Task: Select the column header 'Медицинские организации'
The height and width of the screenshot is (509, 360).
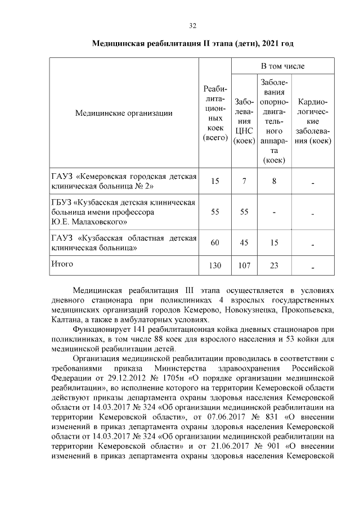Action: tap(124, 113)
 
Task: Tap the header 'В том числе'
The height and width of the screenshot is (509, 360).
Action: tap(282, 66)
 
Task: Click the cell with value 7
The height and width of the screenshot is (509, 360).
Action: tap(244, 181)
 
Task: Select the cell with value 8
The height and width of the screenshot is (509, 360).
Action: tap(274, 181)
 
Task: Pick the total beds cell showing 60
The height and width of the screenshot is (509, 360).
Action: tap(214, 242)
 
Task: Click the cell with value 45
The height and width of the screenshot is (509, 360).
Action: tap(244, 242)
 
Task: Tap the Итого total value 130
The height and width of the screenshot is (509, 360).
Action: tap(214, 265)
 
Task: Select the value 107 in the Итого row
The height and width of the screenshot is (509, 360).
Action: tap(244, 265)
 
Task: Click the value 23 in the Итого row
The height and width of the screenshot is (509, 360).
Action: tap(274, 265)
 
